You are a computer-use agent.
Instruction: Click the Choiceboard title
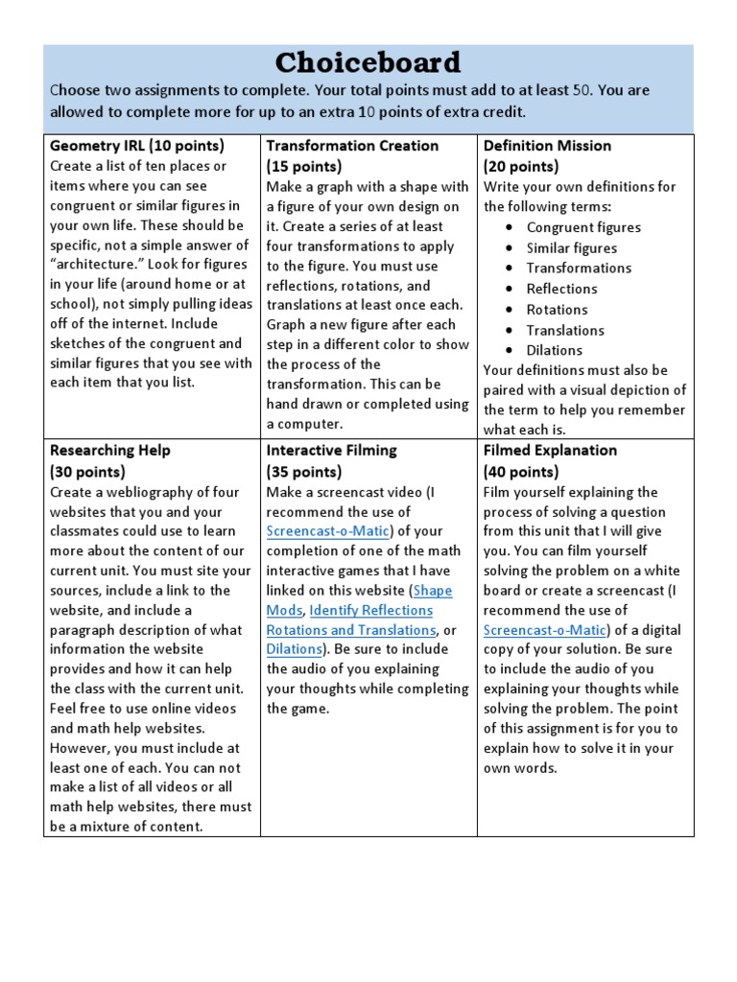[368, 63]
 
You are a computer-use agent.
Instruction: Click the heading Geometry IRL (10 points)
[136, 146]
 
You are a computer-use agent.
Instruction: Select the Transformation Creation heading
[352, 146]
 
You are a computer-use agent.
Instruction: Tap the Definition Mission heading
[547, 146]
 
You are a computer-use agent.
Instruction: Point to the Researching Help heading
[109, 450]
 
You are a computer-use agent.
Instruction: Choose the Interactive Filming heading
[331, 450]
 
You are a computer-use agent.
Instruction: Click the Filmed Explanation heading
[550, 450]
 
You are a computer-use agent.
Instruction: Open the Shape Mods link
[433, 591]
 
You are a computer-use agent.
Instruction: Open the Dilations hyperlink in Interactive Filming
[293, 649]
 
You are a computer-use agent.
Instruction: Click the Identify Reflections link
[370, 610]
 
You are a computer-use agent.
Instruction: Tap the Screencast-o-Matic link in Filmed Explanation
[545, 629]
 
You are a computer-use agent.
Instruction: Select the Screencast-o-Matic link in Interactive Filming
[327, 531]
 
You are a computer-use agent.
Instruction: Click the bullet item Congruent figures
[583, 227]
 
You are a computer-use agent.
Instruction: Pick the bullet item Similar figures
[571, 247]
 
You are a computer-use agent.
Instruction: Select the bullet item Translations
[565, 330]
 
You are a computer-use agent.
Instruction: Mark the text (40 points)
[521, 471]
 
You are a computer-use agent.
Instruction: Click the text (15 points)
[304, 166]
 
